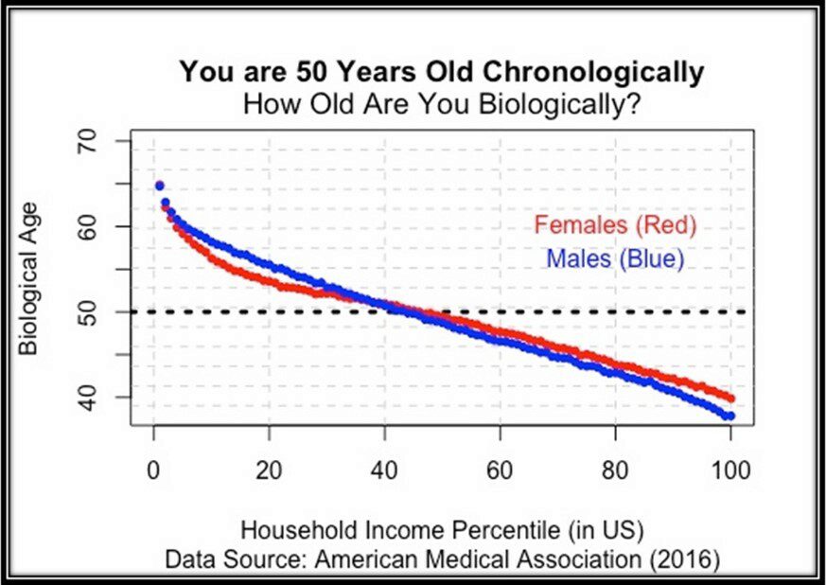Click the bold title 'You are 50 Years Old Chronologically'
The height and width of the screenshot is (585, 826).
pos(442,72)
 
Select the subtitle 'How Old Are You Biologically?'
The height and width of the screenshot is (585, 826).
pos(442,101)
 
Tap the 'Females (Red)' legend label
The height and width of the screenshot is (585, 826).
pos(615,225)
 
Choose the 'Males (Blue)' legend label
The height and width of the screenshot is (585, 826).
pos(615,257)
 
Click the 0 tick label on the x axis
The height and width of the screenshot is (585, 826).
pos(153,469)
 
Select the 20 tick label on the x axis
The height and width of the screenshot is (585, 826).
pos(269,469)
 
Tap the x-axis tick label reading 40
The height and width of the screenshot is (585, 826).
pos(384,469)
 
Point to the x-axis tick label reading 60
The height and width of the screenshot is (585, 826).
pos(500,469)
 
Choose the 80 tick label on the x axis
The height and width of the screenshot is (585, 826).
pos(615,469)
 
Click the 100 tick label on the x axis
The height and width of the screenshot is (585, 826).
pos(730,469)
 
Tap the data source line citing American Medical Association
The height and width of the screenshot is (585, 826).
pos(442,558)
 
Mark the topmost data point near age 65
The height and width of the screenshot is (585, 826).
pos(159,186)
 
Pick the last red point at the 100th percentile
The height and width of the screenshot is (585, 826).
pos(729,399)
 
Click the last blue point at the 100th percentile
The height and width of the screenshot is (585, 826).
pos(729,416)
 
